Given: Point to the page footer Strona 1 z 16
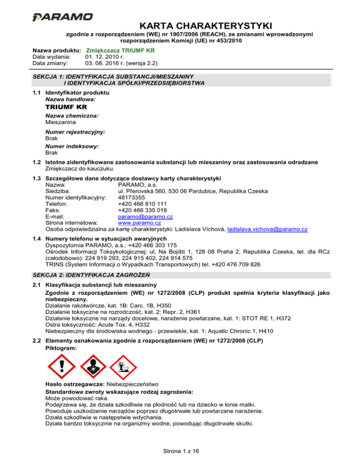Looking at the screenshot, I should pyautogui.click(x=180, y=451).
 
